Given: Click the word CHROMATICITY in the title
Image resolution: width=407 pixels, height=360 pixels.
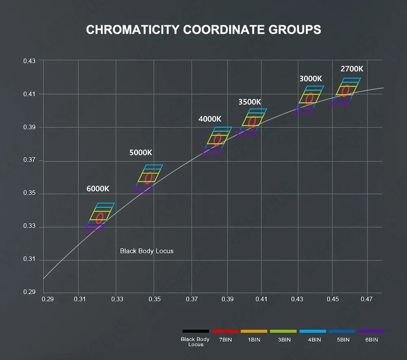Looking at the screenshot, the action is coord(133,30).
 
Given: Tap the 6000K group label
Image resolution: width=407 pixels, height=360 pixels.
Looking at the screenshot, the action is coord(98,189).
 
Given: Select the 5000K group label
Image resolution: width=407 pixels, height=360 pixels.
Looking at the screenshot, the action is coord(141,153).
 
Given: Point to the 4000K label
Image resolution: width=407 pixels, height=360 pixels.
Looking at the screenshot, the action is coord(210,119).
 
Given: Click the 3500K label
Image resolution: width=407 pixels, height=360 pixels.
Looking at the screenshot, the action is coord(250,102).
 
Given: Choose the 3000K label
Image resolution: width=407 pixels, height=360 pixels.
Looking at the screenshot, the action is coord(311,79).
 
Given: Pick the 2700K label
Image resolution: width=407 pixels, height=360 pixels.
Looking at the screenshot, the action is coord(352,69).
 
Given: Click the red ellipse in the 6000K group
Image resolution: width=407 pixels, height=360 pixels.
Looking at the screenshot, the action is coord(96,218).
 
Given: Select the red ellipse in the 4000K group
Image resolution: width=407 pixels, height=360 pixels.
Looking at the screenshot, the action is coord(214,139).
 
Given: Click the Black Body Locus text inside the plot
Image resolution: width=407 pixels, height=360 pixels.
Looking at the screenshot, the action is coord(147,251).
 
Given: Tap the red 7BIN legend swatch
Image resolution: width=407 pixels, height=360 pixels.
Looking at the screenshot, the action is coord(225,331).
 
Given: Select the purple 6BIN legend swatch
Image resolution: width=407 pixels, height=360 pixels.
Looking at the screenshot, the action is coord(371,331).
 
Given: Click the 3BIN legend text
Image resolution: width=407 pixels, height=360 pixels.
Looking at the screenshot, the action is coord(284,340).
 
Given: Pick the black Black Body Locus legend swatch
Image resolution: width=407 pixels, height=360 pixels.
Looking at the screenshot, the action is coord(195,331).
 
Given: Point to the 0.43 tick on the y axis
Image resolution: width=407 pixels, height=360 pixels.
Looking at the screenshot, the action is coord(29,61).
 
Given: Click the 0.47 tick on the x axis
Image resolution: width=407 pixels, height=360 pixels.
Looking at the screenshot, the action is coord(367,299).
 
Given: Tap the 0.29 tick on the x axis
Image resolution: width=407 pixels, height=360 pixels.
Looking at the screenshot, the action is coord(48,299).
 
